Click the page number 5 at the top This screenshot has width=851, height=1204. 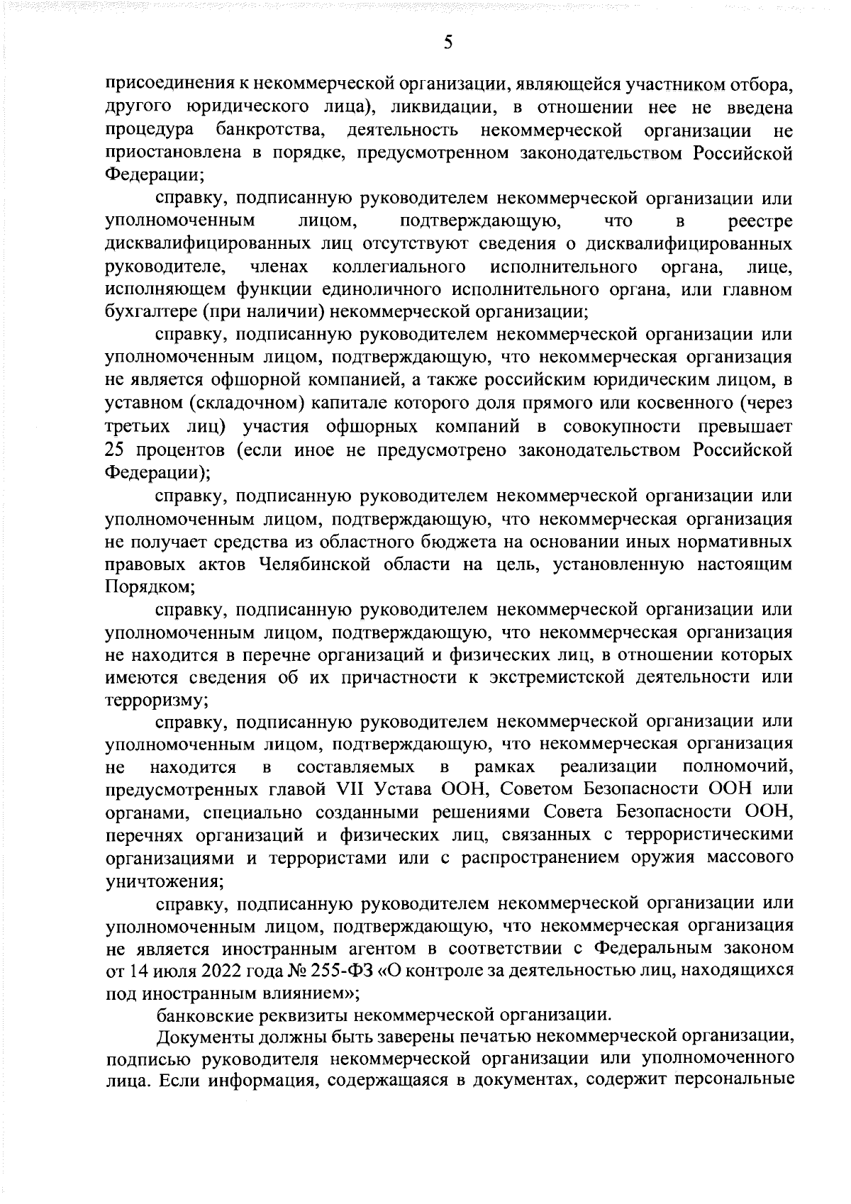tap(447, 43)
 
